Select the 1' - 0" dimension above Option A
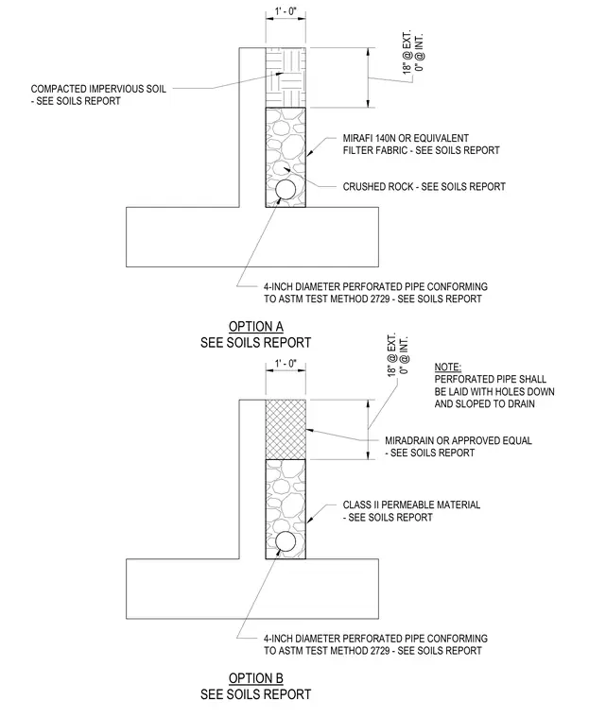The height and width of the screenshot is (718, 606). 286,11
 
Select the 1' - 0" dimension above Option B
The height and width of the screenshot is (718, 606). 286,364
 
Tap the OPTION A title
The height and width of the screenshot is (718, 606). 256,327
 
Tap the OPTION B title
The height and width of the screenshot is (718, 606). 256,678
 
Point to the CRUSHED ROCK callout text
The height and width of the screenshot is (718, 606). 424,186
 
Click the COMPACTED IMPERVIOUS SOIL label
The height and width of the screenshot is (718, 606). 98,89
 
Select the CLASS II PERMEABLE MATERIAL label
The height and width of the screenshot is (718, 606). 411,504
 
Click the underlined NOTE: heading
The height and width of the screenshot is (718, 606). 448,368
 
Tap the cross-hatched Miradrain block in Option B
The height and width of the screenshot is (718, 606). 286,430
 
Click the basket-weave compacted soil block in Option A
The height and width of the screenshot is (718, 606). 286,77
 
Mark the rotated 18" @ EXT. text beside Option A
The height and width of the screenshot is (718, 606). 407,52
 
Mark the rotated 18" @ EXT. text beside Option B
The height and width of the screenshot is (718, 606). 391,356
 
